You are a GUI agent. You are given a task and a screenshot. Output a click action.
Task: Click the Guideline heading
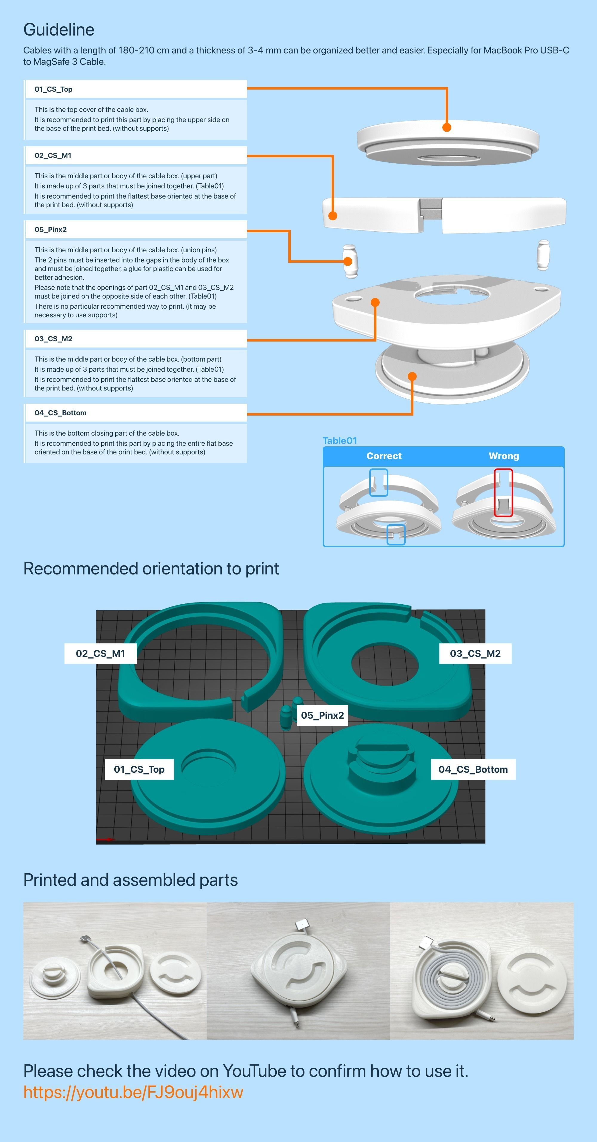click(59, 30)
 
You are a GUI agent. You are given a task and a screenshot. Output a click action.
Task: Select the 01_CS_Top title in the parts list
click(54, 89)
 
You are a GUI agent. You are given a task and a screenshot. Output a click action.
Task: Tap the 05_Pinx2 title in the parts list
click(50, 230)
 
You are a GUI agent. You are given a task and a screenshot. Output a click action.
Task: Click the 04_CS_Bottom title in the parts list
click(60, 413)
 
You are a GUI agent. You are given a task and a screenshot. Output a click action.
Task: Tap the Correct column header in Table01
click(384, 456)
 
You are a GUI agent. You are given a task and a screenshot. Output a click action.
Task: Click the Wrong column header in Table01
click(504, 456)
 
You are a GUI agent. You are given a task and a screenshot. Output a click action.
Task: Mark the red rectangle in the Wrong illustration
click(504, 493)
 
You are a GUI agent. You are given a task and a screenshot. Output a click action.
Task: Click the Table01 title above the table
click(339, 441)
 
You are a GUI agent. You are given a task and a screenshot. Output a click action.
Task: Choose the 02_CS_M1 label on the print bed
click(100, 654)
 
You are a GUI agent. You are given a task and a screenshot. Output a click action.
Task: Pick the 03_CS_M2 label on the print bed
click(475, 654)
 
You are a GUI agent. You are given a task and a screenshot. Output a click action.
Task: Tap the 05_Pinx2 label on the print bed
click(322, 715)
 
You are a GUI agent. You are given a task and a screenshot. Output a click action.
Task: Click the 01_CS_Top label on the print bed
click(139, 769)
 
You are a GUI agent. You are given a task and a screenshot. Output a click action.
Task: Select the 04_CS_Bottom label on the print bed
click(473, 769)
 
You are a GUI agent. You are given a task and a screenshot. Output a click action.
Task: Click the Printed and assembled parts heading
click(130, 880)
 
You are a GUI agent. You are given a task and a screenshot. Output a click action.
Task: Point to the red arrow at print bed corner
click(105, 839)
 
